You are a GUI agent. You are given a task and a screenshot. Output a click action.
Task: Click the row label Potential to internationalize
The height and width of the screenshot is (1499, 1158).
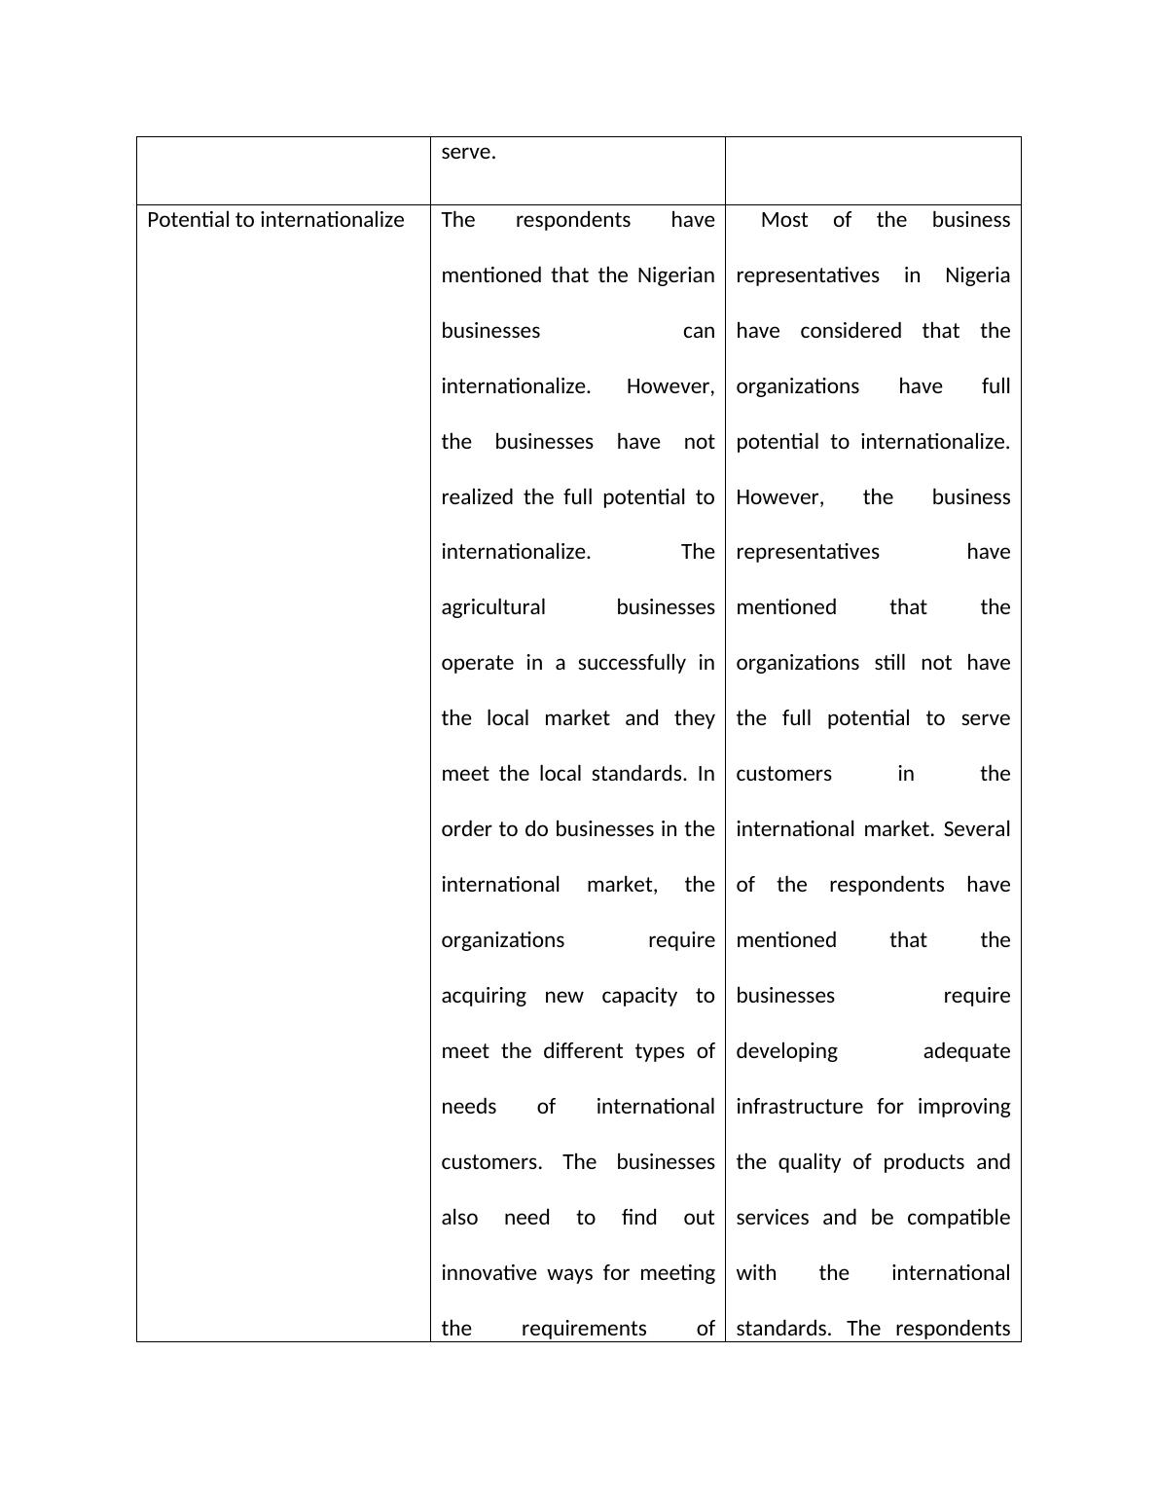[275, 220]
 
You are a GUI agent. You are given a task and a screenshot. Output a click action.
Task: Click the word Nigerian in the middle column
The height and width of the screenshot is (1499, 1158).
[675, 275]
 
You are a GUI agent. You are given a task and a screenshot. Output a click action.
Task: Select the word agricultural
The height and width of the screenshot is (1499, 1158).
[493, 607]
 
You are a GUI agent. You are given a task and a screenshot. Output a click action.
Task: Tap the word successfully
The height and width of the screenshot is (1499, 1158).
[632, 663]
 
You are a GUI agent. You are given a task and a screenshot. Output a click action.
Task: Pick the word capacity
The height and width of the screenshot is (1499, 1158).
[638, 996]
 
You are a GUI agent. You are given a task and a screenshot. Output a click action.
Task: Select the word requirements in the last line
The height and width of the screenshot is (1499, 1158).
[583, 1329]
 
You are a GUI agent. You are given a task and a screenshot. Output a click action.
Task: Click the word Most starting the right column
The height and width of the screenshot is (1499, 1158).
[784, 220]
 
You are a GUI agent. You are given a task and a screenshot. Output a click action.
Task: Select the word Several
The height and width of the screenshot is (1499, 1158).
[977, 829]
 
